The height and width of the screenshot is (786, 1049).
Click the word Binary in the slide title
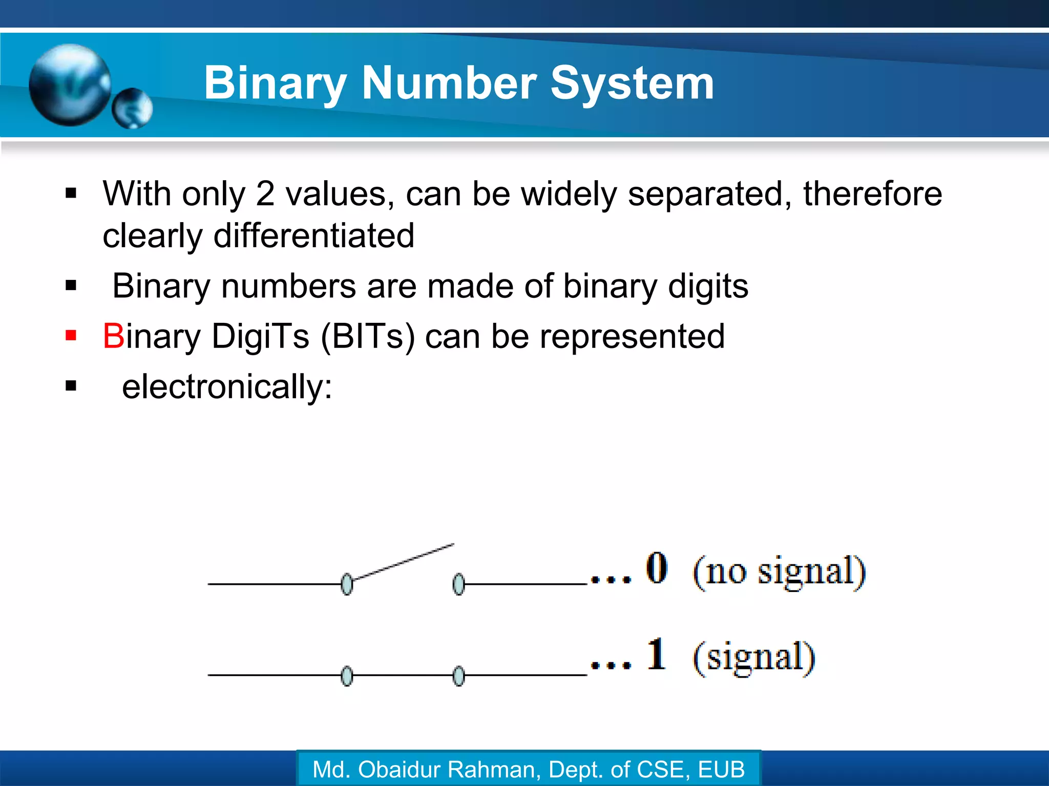pyautogui.click(x=276, y=83)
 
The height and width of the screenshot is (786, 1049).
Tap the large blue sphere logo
pyautogui.click(x=70, y=84)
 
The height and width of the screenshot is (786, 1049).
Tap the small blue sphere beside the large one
pyautogui.click(x=132, y=108)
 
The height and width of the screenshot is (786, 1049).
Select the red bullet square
pyautogui.click(x=71, y=336)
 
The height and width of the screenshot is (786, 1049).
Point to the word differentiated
pyautogui.click(x=313, y=236)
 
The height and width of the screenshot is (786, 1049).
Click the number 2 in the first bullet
pyautogui.click(x=265, y=194)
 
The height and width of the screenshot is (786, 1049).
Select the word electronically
pyautogui.click(x=226, y=387)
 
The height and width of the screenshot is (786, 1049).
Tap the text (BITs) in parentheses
pyautogui.click(x=368, y=337)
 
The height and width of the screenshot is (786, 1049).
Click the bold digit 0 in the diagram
pyautogui.click(x=656, y=567)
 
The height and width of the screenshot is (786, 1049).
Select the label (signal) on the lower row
pyautogui.click(x=753, y=658)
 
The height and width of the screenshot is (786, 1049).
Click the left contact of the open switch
pyautogui.click(x=347, y=584)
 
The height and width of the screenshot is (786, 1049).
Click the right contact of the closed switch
pyautogui.click(x=459, y=676)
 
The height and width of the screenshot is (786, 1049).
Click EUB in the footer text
pyautogui.click(x=721, y=770)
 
